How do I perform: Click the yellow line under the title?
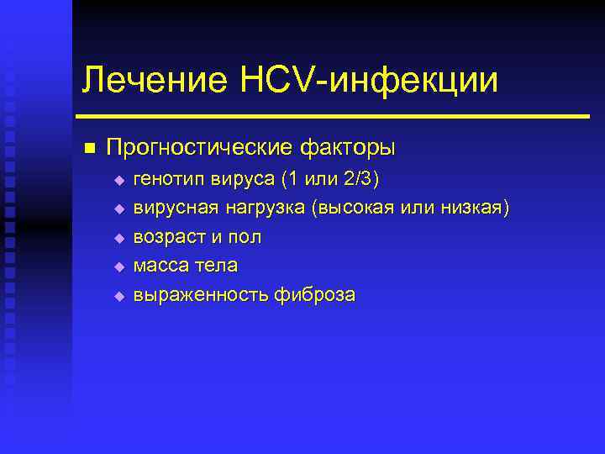333,116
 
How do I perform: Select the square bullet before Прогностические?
89,148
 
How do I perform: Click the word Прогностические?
201,148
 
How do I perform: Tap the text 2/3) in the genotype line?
361,179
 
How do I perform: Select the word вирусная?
171,208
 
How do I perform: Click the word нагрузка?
259,208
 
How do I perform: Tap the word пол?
244,237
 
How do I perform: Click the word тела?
215,266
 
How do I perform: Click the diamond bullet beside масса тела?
118,267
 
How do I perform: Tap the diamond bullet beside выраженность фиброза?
118,296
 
